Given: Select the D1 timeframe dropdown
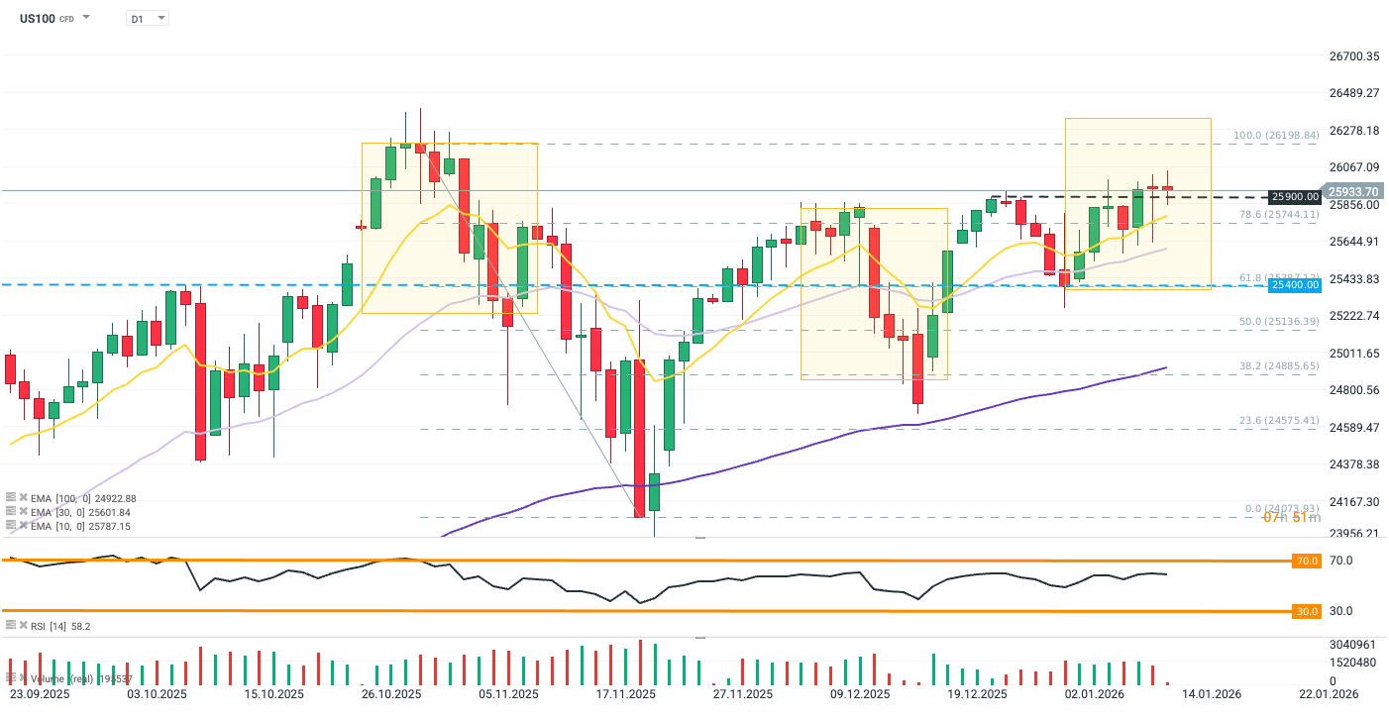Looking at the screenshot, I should point(148,19).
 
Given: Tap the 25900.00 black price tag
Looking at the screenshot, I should point(1296,197).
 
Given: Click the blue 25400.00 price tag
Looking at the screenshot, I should point(1296,285).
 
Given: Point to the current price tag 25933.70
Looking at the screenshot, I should point(1352,191).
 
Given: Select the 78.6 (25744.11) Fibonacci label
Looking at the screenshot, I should point(1279,214).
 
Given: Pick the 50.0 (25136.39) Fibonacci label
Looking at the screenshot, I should point(1279,322).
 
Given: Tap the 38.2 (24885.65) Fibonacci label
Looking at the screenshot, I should point(1279,366).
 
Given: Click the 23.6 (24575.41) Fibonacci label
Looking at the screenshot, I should point(1279,421).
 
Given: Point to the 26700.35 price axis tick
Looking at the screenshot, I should point(1353,56).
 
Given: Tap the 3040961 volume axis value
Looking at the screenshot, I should point(1352,645).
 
